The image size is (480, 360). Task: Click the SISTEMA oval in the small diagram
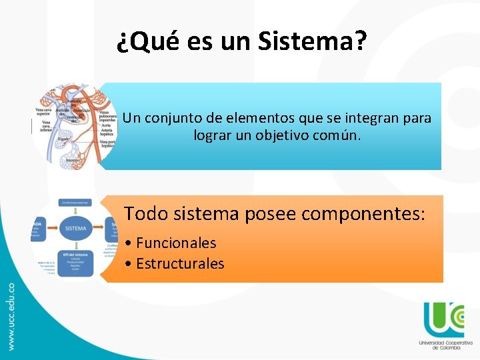tap(76, 228)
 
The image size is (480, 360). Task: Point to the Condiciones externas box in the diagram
tap(76, 202)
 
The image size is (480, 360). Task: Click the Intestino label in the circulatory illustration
tap(74, 161)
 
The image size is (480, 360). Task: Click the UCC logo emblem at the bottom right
tap(443, 319)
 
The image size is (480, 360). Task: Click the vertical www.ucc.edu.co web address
tap(11, 317)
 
